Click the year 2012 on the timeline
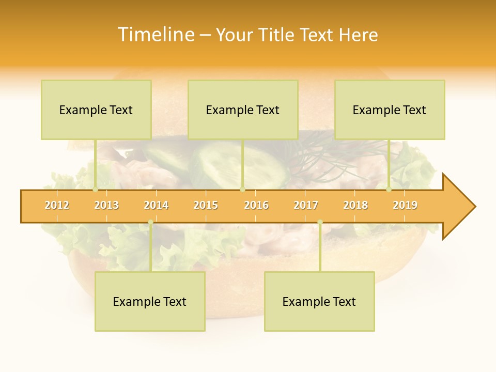(57, 205)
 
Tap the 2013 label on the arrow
(106, 205)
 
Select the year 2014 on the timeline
(156, 205)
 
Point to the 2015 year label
(206, 205)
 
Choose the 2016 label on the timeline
(256, 205)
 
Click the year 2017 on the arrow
(306, 205)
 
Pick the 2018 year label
(355, 205)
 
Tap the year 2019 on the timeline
(405, 205)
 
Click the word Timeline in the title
(156, 35)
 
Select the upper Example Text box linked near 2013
(96, 110)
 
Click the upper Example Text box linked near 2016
(243, 110)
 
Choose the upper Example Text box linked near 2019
(390, 110)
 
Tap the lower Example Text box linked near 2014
(150, 301)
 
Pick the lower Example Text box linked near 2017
(319, 301)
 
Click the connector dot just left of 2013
(95, 189)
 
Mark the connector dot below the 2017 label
(320, 222)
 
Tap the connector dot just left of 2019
(389, 189)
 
